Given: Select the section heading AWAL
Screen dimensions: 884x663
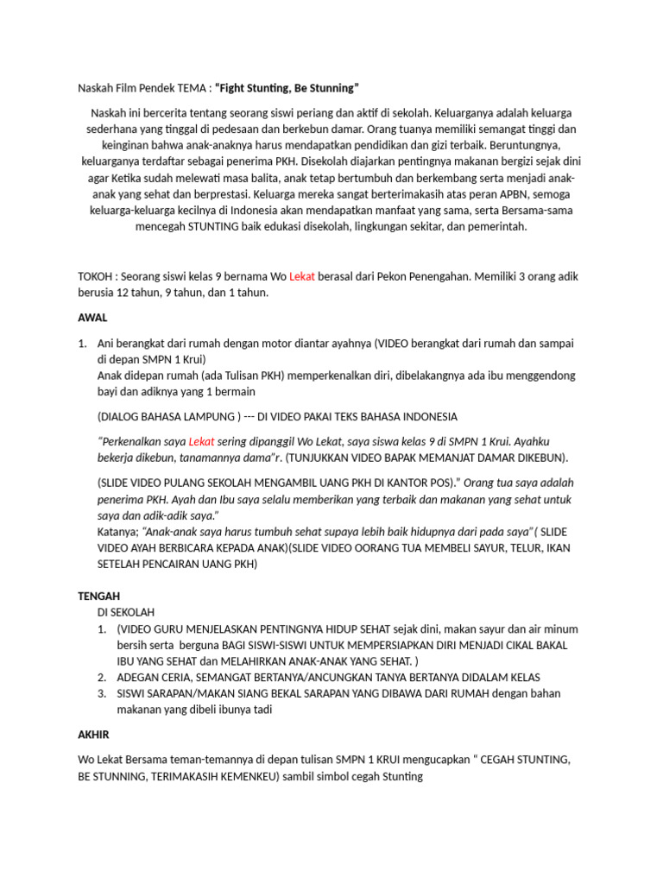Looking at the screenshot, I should [92, 318].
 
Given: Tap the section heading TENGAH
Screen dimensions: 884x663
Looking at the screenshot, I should [99, 596].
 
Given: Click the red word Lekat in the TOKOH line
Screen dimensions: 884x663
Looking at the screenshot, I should [304, 276].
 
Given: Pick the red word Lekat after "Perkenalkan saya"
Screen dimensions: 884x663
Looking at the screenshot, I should [201, 441].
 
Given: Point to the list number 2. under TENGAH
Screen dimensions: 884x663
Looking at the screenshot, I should [101, 678].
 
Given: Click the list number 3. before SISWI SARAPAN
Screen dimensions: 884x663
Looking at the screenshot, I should [101, 693].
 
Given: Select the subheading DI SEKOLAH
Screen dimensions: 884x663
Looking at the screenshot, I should [126, 612].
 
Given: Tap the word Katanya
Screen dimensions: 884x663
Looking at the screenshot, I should [117, 532].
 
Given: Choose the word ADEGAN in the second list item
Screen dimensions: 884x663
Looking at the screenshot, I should [140, 678].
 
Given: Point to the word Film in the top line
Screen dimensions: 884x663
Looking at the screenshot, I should [130, 88].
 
